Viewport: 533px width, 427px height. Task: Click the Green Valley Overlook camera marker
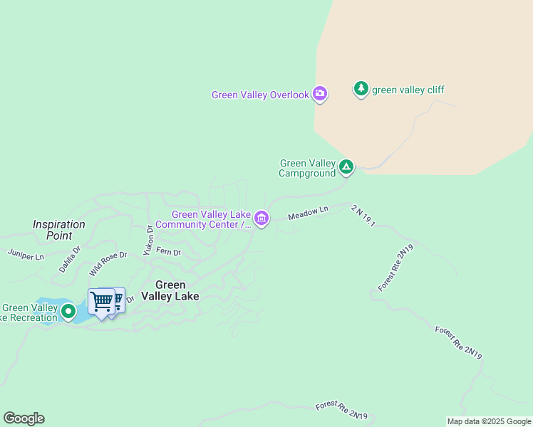click(x=320, y=93)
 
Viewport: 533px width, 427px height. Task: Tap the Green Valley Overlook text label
click(x=260, y=95)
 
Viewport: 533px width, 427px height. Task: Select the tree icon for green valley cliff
click(x=361, y=89)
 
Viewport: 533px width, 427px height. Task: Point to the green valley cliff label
click(x=408, y=90)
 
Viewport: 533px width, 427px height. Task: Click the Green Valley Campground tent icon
click(x=346, y=167)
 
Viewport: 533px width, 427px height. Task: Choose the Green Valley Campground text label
click(x=307, y=168)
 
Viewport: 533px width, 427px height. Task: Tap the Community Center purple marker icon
click(x=262, y=218)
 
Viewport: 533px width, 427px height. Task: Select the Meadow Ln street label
click(x=308, y=212)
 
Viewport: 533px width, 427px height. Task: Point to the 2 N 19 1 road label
click(x=363, y=216)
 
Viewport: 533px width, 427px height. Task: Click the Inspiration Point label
click(x=59, y=229)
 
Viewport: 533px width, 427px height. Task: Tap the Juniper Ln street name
click(x=26, y=253)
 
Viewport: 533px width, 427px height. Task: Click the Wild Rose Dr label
click(x=108, y=263)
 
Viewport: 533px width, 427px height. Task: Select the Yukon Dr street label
click(x=149, y=240)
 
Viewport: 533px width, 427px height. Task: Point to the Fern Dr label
click(x=169, y=251)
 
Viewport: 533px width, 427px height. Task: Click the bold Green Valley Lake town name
click(x=170, y=290)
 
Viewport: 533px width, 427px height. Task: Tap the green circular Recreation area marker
click(x=68, y=311)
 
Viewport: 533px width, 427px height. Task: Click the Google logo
click(x=24, y=418)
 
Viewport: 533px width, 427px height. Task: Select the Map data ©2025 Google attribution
click(x=489, y=421)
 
